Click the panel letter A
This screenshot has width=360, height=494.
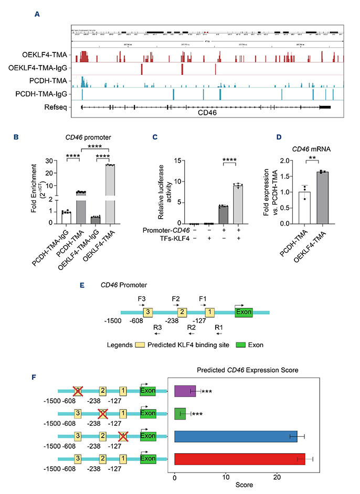[x=37, y=14]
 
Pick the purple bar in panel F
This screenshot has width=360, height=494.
[x=185, y=391]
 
